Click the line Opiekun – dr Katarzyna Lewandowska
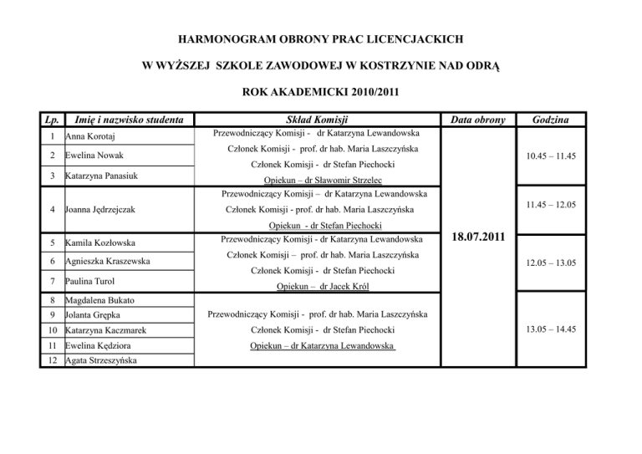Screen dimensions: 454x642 click(322, 344)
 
